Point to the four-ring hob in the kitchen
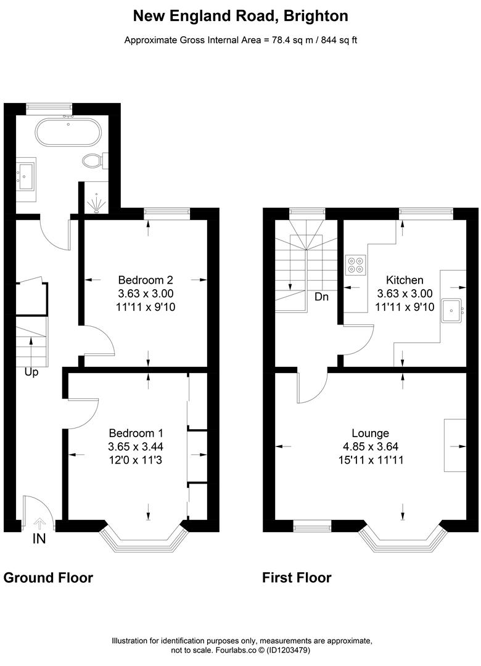coord(355,264)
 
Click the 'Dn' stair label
coord(321,297)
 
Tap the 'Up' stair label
coord(31,372)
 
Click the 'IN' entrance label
coord(39,538)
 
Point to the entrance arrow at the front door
coord(39,524)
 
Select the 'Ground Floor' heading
coord(48,578)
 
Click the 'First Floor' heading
coord(297,578)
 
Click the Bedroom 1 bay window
coord(143,537)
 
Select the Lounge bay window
coord(402,537)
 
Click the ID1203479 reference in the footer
coord(288,650)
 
